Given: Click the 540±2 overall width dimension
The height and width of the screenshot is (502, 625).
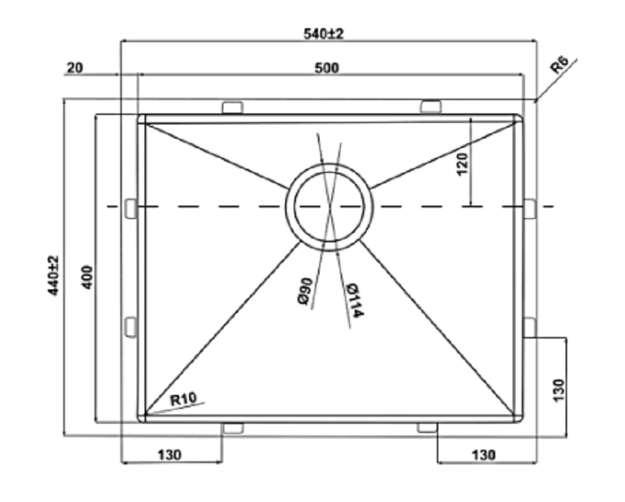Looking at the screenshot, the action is click(323, 34).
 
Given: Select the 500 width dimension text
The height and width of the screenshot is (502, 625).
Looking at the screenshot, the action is click(327, 68).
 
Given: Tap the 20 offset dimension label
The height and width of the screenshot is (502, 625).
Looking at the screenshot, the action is click(75, 68).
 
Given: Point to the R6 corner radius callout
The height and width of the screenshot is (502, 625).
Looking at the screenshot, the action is click(559, 65).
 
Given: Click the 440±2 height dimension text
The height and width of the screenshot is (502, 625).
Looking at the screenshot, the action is click(53, 275).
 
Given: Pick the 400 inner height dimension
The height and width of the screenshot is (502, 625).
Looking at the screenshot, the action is click(87, 277).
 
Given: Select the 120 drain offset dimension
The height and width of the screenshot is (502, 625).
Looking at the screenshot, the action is click(462, 163).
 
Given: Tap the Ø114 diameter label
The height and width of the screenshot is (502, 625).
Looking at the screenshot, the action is click(354, 300).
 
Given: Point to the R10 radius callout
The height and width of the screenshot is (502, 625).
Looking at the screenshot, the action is click(184, 399).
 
